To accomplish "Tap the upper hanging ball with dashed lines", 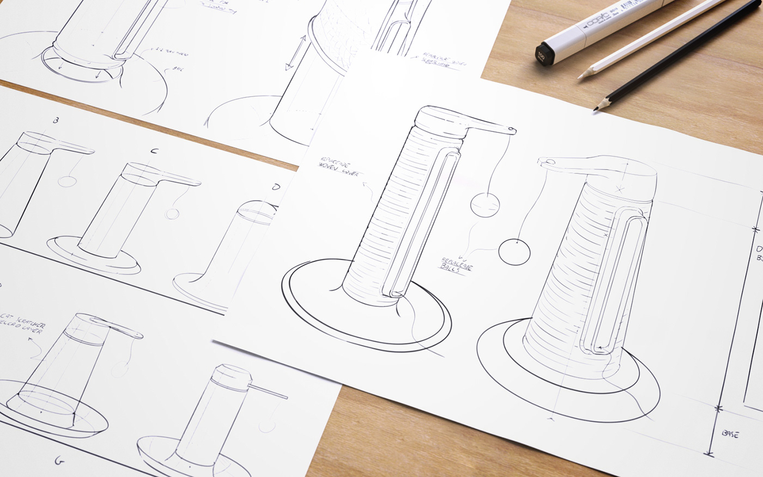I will coord(485,206).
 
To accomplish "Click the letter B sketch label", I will coord(56,120).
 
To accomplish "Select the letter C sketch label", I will coord(154,151).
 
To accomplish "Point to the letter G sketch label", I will coord(59,461).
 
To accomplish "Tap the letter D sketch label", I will coord(276,188).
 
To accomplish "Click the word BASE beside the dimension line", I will coord(730,433).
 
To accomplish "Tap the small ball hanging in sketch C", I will coord(172,214).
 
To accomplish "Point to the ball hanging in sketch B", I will coord(67,180).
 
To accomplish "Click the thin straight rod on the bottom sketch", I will coord(269,391).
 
